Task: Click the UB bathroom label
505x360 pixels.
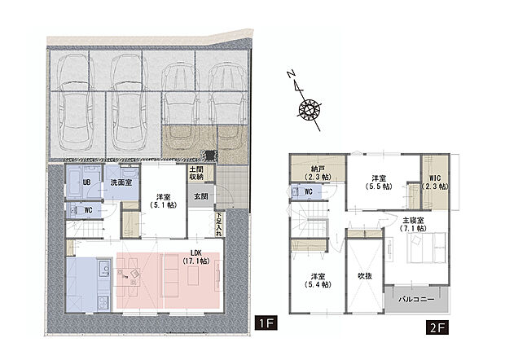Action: click(85, 180)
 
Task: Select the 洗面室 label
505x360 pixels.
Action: click(121, 182)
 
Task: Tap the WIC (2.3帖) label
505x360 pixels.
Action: click(433, 183)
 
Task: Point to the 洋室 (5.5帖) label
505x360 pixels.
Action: click(379, 182)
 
